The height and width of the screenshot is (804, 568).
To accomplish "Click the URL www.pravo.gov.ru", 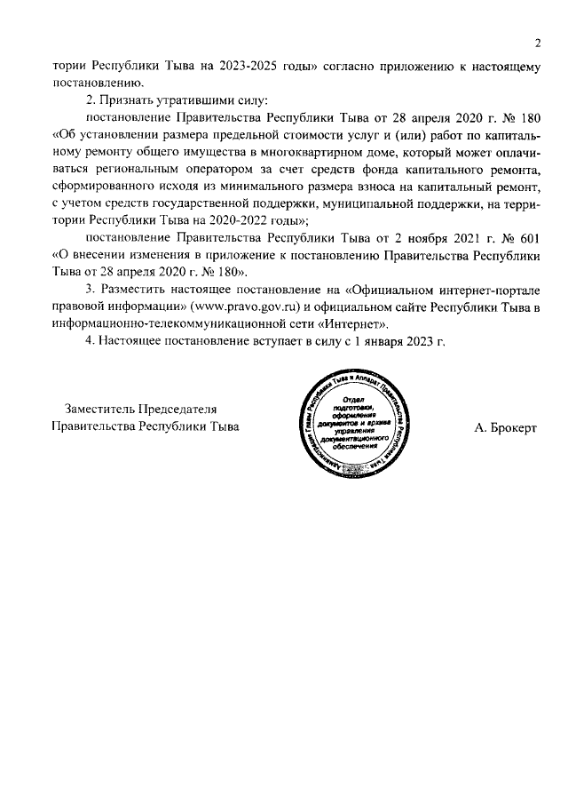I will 240,306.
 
